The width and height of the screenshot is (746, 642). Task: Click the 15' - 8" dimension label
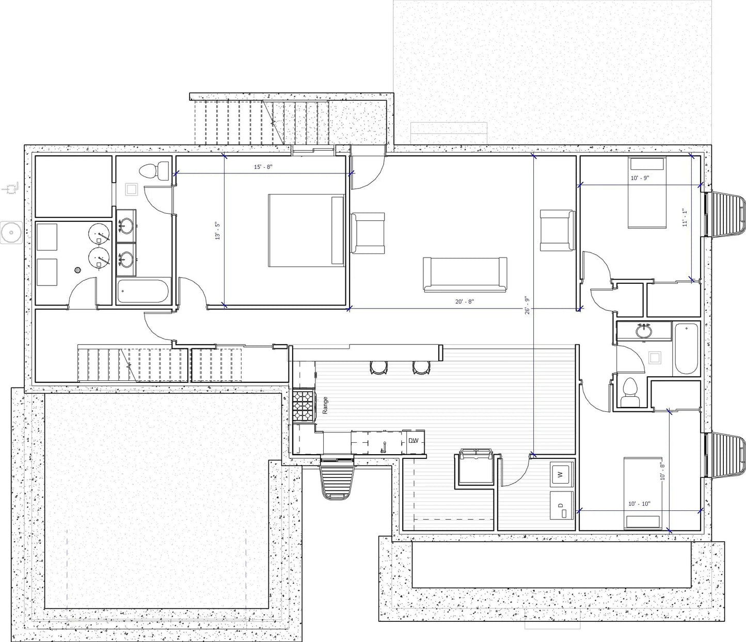[x=263, y=167]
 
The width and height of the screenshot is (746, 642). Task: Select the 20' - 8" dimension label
[x=463, y=301]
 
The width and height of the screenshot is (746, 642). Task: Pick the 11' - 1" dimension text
[x=685, y=217]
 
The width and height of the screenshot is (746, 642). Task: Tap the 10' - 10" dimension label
[x=639, y=504]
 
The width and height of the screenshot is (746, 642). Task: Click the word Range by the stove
[x=325, y=405]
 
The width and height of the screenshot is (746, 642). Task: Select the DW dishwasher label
[x=414, y=441]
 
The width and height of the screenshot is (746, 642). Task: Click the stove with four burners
[x=304, y=407]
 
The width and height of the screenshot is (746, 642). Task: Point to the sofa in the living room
[x=464, y=274]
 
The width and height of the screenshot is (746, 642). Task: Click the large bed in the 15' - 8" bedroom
[x=306, y=230]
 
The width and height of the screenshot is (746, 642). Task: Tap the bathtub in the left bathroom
[x=143, y=292]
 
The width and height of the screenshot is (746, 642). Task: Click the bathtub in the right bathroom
[x=686, y=348]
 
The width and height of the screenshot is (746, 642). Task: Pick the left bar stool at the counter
[x=378, y=366]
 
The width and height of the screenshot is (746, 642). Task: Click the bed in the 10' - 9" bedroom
[x=646, y=192]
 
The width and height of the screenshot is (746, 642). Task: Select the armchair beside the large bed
[x=368, y=233]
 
